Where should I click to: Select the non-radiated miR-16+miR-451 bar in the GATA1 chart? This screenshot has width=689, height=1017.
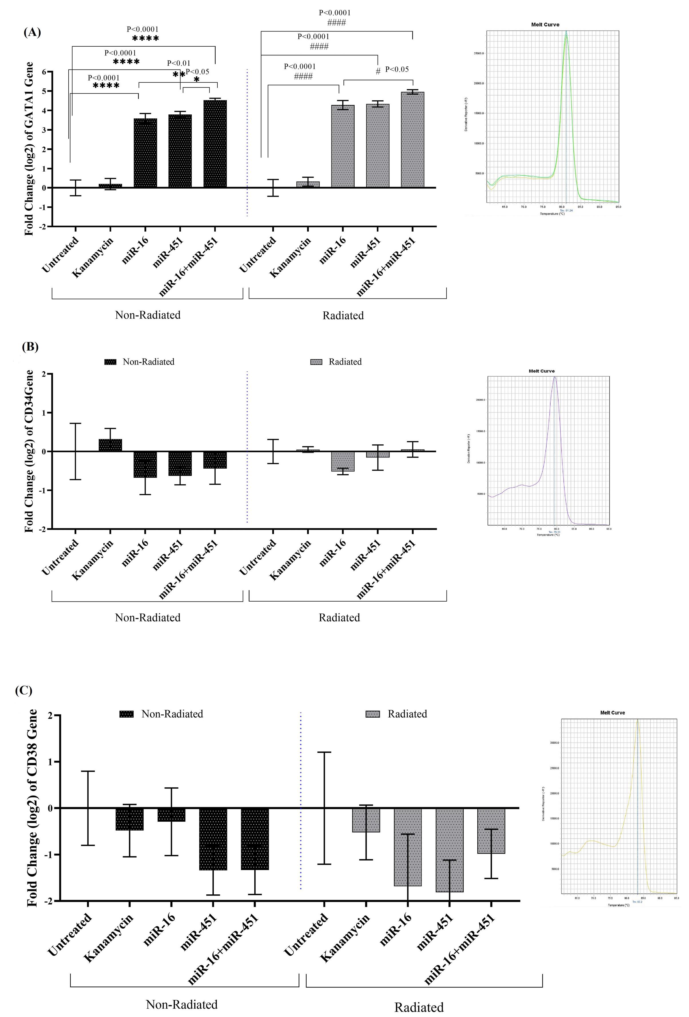215,144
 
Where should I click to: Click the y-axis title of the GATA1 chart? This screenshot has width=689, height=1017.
29,149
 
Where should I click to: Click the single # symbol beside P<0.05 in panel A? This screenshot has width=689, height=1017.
378,71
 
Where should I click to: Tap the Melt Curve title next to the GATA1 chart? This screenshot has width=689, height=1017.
545,25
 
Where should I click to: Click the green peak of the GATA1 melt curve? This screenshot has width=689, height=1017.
566,35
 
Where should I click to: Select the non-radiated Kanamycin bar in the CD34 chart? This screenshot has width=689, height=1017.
110,445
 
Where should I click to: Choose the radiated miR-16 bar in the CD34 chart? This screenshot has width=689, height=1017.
343,461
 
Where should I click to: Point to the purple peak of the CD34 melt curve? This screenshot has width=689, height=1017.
555,378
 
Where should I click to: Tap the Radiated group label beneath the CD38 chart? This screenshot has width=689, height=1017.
419,1007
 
